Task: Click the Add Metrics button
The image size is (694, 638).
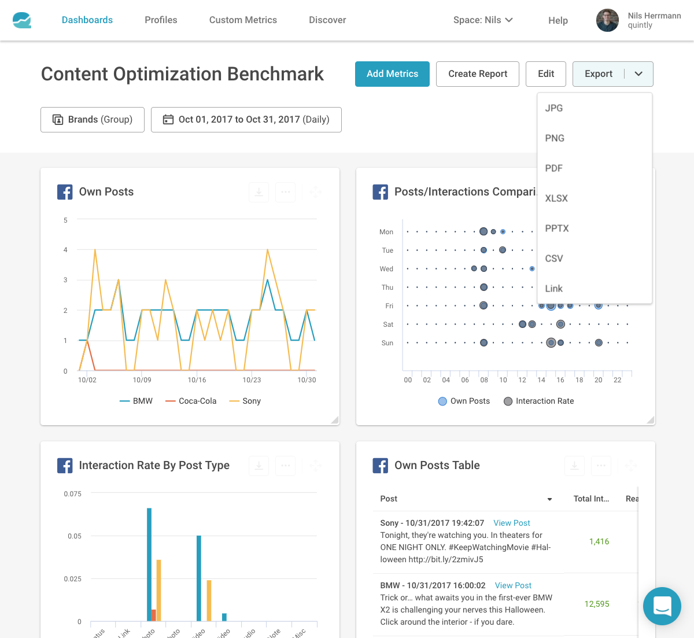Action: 392,74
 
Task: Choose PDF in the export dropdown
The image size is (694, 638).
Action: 553,168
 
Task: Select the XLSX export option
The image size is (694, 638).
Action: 556,198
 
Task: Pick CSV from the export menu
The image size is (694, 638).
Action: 553,259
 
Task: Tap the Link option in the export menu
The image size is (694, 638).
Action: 553,289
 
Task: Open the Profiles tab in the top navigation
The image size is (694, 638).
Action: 161,20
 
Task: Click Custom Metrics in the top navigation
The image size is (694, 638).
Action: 243,20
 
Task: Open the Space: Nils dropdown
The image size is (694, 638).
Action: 483,20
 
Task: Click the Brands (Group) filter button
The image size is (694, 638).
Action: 93,120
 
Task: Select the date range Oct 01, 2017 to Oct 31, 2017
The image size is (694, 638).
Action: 246,120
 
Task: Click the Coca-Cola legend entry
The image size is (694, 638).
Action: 191,401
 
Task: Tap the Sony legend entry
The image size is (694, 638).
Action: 246,401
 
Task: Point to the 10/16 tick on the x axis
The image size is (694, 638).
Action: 197,380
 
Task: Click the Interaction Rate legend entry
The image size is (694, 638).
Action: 539,401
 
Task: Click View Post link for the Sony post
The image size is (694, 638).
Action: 511,523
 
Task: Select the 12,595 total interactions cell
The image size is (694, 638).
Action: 597,604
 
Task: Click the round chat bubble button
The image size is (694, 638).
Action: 662,606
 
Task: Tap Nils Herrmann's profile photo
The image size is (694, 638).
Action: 607,20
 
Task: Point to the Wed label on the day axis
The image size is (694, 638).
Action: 386,269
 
